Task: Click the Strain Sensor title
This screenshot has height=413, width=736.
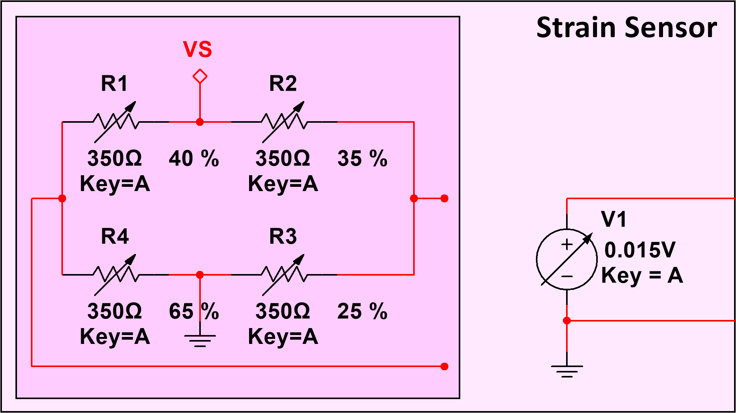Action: [626, 28]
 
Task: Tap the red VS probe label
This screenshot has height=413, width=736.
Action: [197, 49]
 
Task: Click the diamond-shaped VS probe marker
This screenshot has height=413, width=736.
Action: [200, 76]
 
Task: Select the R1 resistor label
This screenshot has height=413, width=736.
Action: [114, 83]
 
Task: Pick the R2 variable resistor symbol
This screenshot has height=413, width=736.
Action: [284, 122]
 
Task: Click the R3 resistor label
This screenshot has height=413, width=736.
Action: [283, 236]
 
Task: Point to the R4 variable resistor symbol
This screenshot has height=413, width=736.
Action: [115, 274]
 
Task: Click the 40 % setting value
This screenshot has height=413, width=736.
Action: [194, 158]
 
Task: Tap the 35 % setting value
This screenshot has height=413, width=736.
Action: [362, 158]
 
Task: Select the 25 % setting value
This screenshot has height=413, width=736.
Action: [362, 311]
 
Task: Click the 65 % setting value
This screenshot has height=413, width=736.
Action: [194, 311]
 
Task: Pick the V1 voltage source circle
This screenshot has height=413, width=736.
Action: [566, 259]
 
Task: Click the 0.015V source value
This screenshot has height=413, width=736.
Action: [640, 250]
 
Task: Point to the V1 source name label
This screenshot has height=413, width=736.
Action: [614, 219]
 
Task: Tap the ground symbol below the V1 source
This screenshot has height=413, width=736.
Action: [567, 371]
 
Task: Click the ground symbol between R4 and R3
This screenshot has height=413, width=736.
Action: [200, 340]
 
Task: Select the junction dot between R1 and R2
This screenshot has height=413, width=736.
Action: [200, 122]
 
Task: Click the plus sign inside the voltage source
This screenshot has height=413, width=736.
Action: [567, 245]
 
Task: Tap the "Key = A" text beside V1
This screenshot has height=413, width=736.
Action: [642, 276]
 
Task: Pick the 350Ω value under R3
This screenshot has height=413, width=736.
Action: [283, 311]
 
